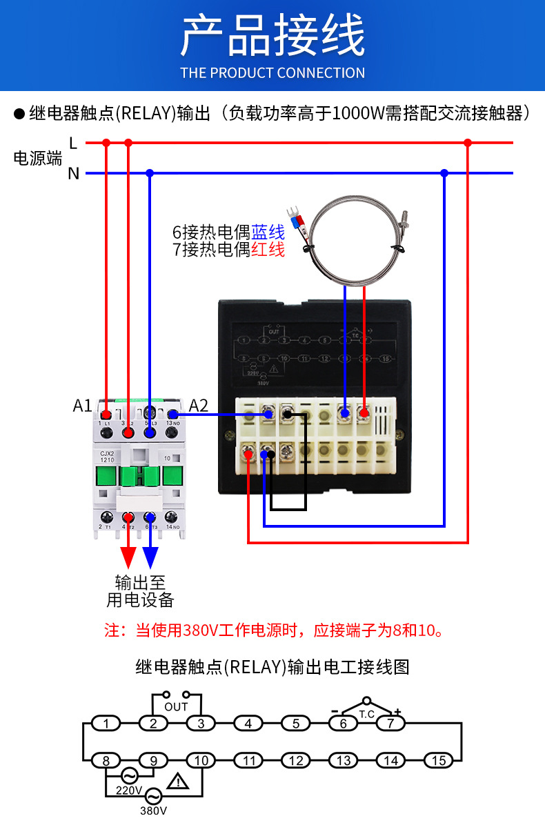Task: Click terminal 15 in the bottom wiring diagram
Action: (x=438, y=761)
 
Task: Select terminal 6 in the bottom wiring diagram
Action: (x=343, y=724)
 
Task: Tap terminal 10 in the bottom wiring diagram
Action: (x=201, y=761)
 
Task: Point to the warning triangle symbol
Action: (x=179, y=782)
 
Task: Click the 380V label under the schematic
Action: (x=153, y=811)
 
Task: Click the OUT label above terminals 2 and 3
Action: (x=176, y=706)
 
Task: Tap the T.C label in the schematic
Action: (x=366, y=715)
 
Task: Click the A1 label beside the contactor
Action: (x=82, y=406)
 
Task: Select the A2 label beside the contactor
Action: (x=198, y=406)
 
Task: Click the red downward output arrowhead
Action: (x=128, y=557)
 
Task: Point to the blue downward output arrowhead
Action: (x=150, y=557)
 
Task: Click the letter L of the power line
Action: (x=73, y=143)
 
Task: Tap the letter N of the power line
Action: (x=73, y=173)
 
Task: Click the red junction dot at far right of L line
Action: (x=468, y=143)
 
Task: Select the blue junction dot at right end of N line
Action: (x=445, y=173)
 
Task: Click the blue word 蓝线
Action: (x=268, y=232)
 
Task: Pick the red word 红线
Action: (x=268, y=250)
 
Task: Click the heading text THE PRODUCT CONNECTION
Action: (x=272, y=72)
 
